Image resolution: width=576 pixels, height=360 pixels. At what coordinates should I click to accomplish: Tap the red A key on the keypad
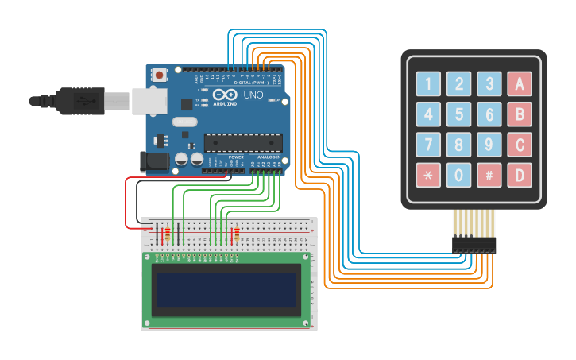coord(520,83)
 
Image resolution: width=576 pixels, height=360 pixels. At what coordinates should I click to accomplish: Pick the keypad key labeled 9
coord(489,145)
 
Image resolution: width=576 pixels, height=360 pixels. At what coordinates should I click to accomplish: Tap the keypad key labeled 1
coord(429,83)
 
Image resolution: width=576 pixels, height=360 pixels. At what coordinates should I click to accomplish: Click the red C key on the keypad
coord(520,145)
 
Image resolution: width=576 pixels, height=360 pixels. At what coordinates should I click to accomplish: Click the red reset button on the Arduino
coord(160,75)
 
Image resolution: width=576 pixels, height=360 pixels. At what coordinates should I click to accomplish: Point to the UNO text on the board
coord(253,95)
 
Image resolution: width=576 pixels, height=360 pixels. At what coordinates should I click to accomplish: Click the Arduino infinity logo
coord(226,95)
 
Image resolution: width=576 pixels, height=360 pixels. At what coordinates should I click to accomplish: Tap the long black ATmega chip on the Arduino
coord(243,143)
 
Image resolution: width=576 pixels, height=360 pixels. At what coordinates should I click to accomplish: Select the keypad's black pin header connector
coord(474,245)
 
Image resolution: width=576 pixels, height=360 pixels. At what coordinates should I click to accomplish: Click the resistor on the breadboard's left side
coord(166,234)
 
